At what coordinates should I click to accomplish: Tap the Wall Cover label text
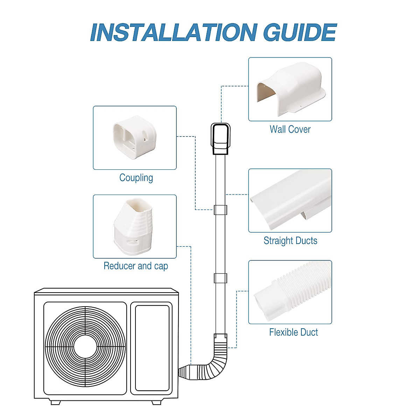(290, 129)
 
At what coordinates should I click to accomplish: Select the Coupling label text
(136, 178)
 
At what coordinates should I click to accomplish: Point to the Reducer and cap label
(136, 266)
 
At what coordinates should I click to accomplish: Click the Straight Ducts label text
(290, 241)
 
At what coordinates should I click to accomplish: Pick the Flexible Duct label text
(293, 332)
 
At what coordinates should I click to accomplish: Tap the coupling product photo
(134, 138)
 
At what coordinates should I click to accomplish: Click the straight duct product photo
(290, 201)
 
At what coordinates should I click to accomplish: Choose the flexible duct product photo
(290, 292)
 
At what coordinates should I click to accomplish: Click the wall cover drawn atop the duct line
(220, 139)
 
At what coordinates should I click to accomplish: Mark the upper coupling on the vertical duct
(220, 210)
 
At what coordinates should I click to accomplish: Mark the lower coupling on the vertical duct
(220, 278)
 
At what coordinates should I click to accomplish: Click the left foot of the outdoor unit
(56, 402)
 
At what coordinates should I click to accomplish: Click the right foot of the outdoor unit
(156, 402)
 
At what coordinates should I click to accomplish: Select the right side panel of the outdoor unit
(152, 348)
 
